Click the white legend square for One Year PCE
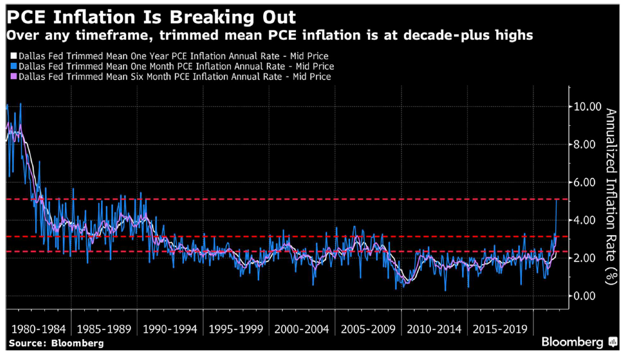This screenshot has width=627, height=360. (14, 56)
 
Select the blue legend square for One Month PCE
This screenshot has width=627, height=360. (14, 66)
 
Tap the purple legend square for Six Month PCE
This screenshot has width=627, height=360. (14, 77)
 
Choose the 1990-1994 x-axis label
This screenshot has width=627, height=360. (170, 328)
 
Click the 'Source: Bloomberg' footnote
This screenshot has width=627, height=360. (56, 343)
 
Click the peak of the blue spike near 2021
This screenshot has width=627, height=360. (557, 200)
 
